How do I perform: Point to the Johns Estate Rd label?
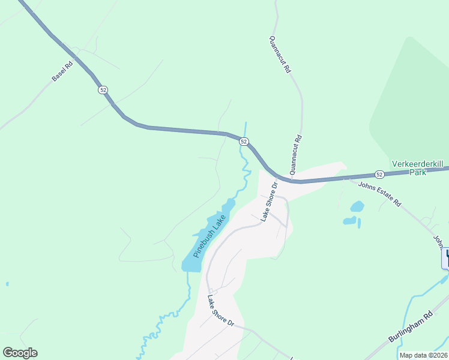tap(379, 194)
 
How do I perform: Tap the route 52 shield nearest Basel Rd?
tap(103, 89)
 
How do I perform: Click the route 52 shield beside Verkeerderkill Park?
tap(379, 174)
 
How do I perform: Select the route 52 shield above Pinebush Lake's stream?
tap(243, 142)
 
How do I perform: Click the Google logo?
tap(20, 353)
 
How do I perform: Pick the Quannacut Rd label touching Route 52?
tap(295, 154)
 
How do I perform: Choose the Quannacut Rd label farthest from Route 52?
tap(280, 54)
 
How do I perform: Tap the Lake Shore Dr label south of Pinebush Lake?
tap(220, 310)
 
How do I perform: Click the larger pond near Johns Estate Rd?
tap(357, 206)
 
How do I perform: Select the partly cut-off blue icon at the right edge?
tap(445, 258)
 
